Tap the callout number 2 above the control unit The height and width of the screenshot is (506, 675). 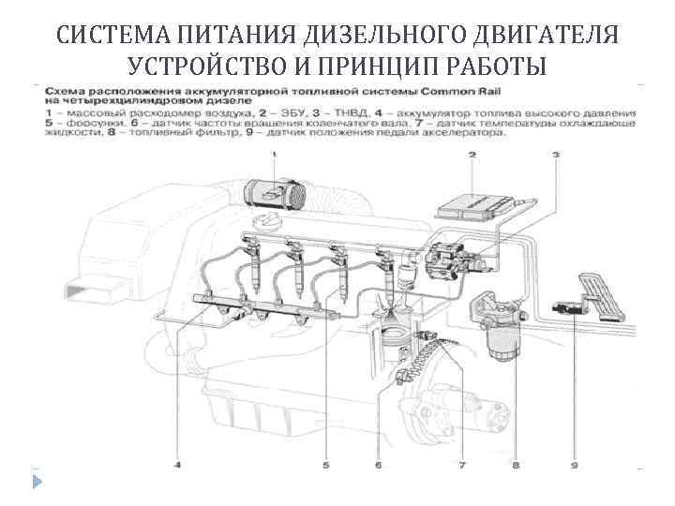(x=472, y=154)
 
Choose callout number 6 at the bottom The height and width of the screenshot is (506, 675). (x=377, y=462)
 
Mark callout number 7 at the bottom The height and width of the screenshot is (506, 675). (x=461, y=462)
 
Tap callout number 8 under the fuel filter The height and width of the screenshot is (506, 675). (x=516, y=462)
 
